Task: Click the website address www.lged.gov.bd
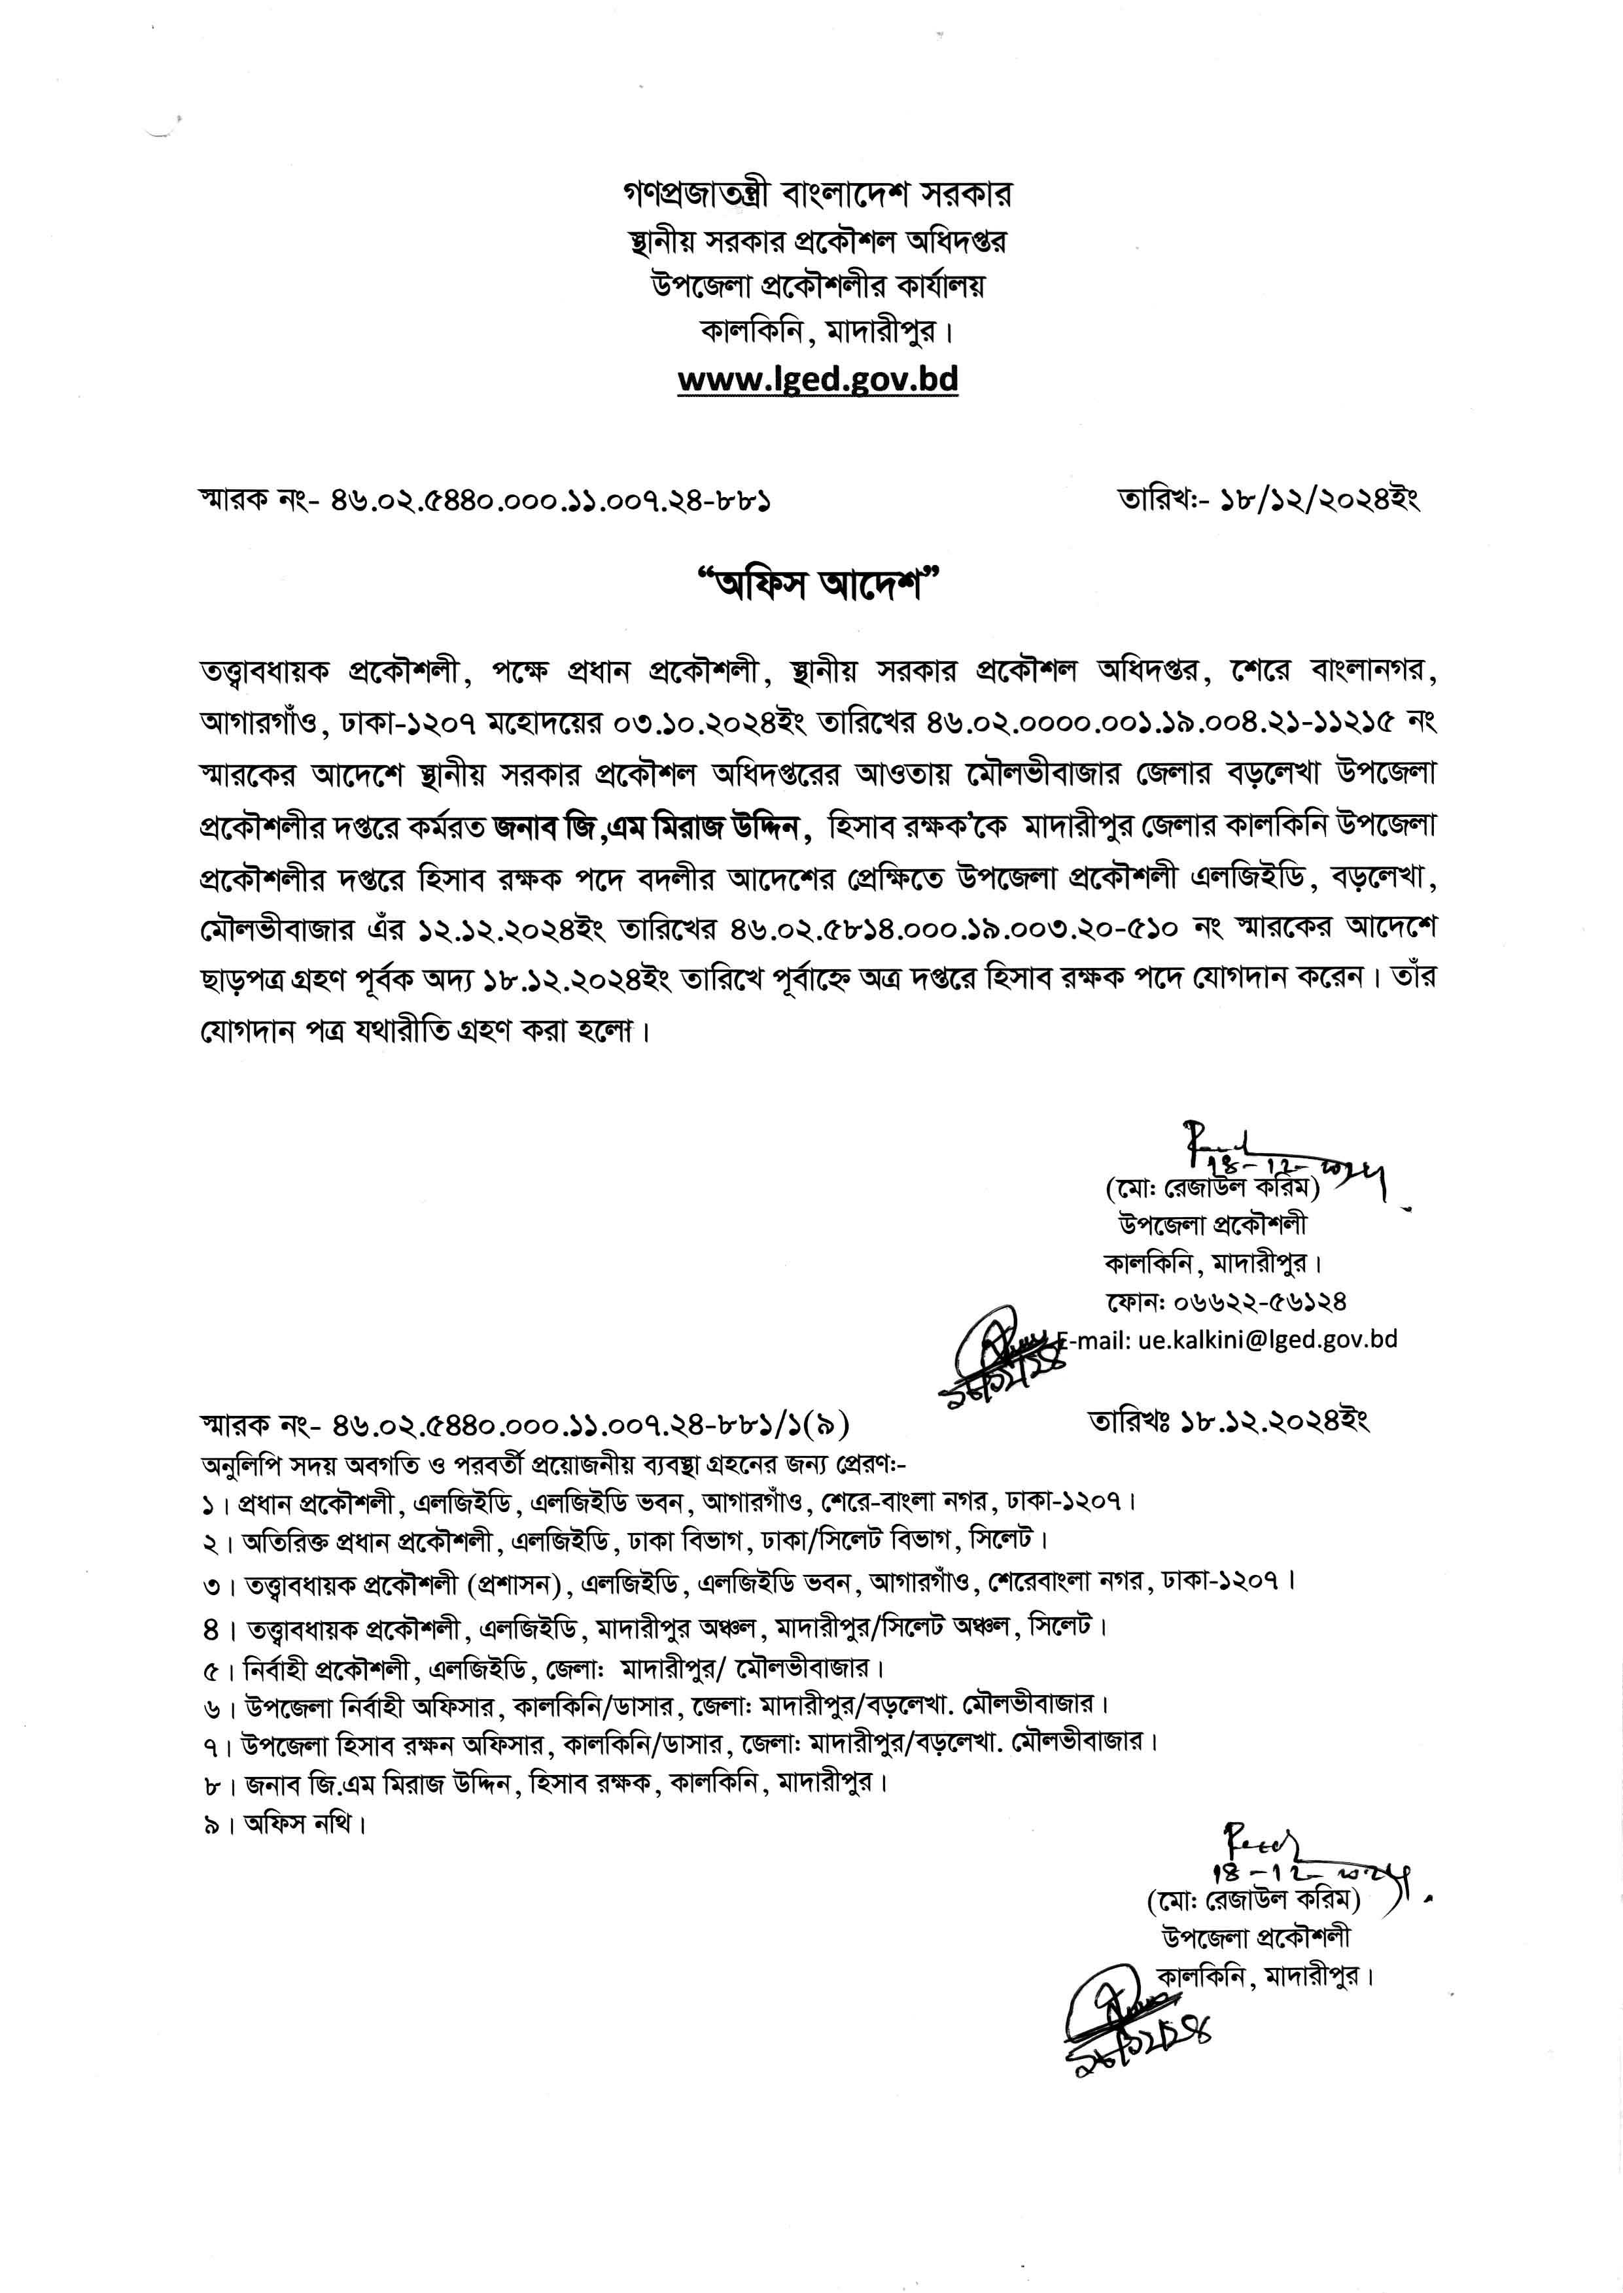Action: tap(818, 380)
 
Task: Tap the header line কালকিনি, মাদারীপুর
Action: tap(818, 331)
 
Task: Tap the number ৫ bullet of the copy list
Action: tap(211, 1668)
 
